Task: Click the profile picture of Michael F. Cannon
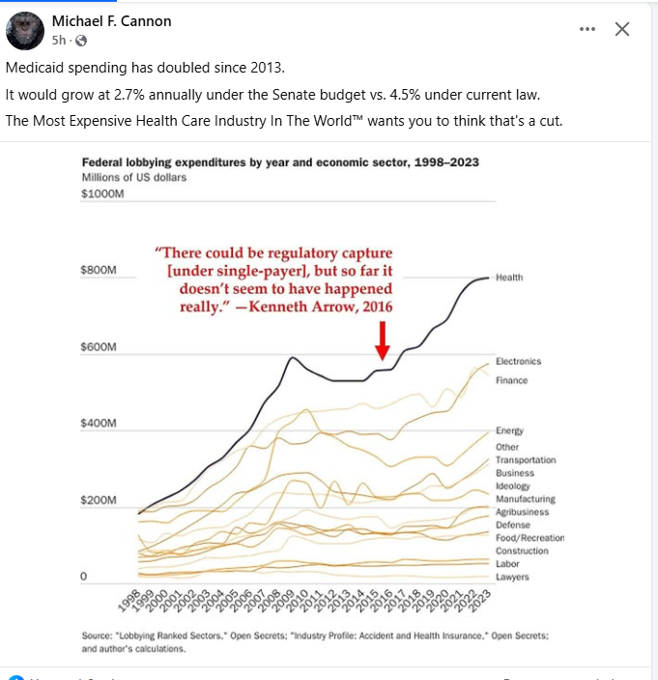pyautogui.click(x=25, y=31)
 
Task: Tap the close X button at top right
pyautogui.click(x=622, y=29)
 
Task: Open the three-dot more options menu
pyautogui.click(x=587, y=29)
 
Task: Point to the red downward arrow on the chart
pyautogui.click(x=383, y=340)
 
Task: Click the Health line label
pyautogui.click(x=509, y=278)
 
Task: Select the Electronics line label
pyautogui.click(x=519, y=361)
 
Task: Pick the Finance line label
pyautogui.click(x=512, y=380)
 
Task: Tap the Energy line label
pyautogui.click(x=509, y=430)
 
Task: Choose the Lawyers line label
pyautogui.click(x=512, y=577)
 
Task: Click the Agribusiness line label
pyautogui.click(x=523, y=512)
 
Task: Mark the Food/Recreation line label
pyautogui.click(x=529, y=538)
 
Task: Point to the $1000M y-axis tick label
pyautogui.click(x=103, y=194)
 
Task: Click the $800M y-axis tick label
pyautogui.click(x=100, y=270)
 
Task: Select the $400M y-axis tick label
pyautogui.click(x=100, y=424)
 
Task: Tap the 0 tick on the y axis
pyautogui.click(x=84, y=577)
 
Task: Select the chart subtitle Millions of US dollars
pyautogui.click(x=134, y=177)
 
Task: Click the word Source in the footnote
pyautogui.click(x=99, y=636)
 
